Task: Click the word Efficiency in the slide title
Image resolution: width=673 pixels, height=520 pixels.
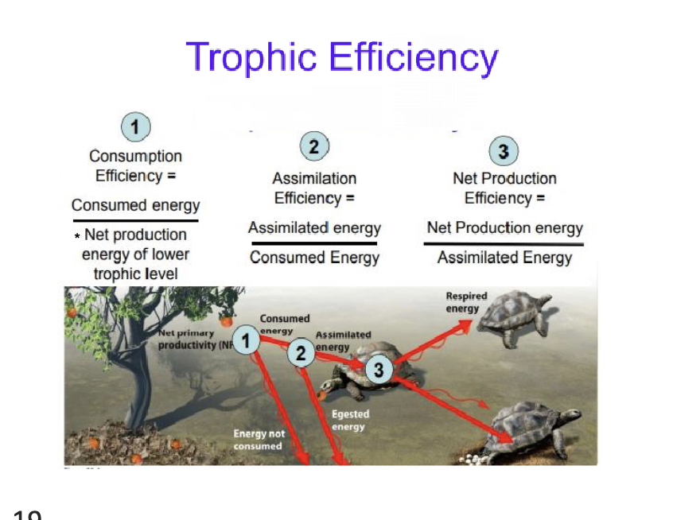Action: point(413,58)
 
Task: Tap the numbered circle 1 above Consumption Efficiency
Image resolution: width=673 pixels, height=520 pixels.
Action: point(135,127)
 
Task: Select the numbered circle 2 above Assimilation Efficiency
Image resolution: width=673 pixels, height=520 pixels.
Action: point(314,148)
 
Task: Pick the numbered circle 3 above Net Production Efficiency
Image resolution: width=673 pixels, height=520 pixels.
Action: point(503,151)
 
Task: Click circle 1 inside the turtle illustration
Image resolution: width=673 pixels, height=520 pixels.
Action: point(247,342)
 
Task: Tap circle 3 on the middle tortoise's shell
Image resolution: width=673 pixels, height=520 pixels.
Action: point(379,370)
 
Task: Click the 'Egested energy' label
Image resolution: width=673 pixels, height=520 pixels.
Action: point(349,421)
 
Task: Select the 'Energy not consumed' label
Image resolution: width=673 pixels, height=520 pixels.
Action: point(258,440)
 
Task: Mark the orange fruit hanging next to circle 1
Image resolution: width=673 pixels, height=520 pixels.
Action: point(226,321)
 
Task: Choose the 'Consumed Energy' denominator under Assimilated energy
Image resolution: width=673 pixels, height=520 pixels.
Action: point(314,258)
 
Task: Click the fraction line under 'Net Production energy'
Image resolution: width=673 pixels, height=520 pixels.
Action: point(504,244)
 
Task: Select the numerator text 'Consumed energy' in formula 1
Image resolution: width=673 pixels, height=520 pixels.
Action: point(135,205)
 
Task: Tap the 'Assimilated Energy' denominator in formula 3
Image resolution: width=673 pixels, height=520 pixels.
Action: point(504,258)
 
